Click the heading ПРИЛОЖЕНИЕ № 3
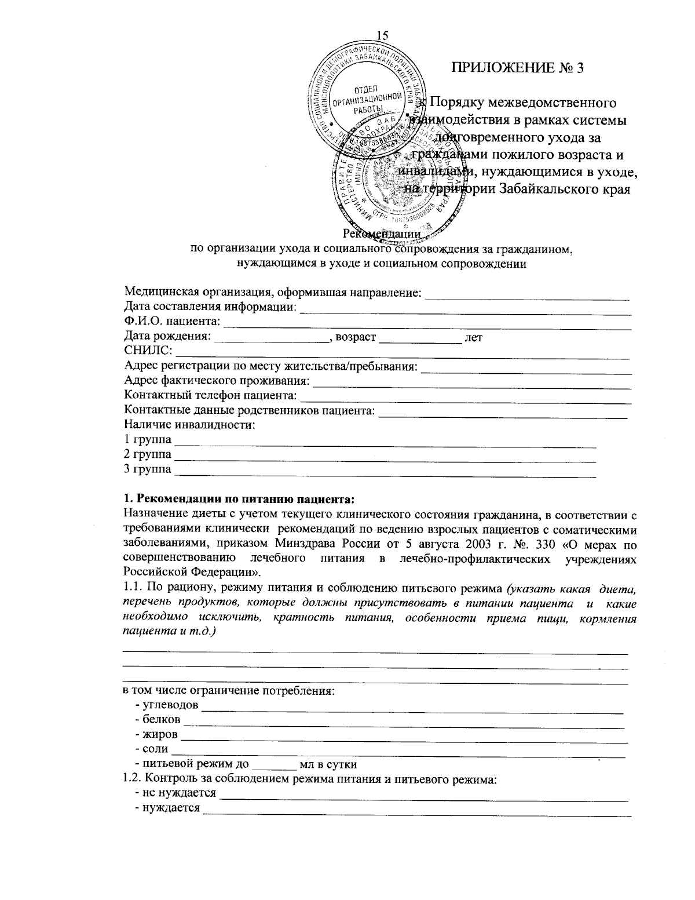[517, 67]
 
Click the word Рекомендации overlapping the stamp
[381, 234]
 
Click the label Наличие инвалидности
[190, 426]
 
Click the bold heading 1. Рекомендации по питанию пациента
[239, 499]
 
